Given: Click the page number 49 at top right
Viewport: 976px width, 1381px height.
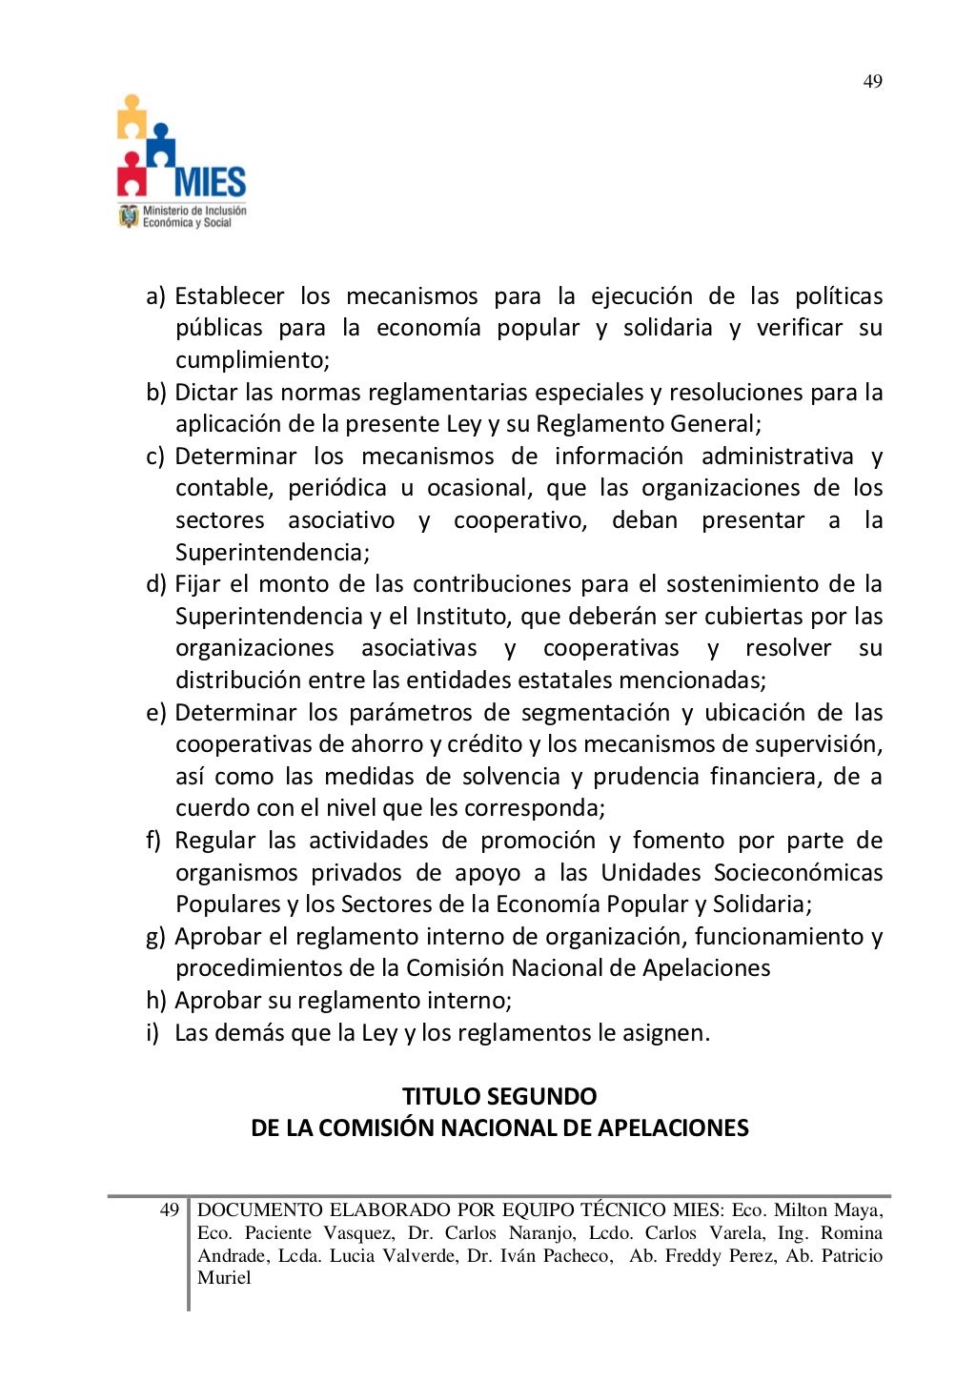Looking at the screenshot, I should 872,82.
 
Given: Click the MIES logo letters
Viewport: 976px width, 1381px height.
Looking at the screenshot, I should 210,181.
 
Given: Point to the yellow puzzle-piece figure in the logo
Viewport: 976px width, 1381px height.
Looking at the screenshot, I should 132,116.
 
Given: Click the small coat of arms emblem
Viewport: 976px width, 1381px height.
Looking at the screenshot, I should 128,216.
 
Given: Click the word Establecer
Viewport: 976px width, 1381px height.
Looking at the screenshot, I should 229,296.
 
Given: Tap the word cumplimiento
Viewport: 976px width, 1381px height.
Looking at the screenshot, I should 252,360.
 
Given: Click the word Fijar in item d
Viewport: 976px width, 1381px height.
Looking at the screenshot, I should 197,584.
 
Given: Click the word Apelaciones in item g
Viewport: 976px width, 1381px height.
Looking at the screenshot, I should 706,968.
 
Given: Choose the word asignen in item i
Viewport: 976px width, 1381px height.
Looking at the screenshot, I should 671,1033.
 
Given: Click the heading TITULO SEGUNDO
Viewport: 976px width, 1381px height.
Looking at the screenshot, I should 499,1096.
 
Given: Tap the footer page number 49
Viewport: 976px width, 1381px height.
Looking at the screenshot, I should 169,1210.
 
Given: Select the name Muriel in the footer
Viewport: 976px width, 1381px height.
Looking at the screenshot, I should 224,1278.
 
